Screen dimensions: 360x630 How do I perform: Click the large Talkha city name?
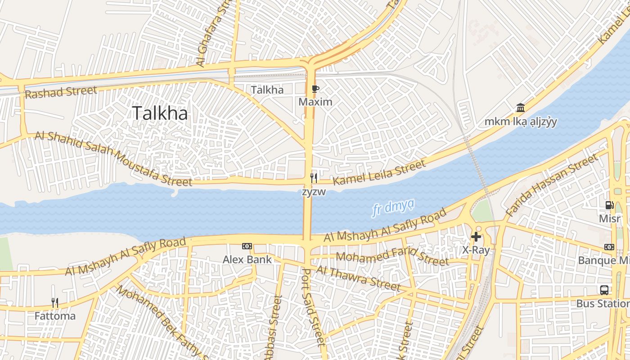160,113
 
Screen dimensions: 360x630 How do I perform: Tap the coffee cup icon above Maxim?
315,89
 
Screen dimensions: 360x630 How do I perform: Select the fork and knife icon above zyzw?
314,178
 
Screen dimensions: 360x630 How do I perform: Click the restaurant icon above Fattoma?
55,302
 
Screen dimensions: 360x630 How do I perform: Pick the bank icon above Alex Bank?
247,246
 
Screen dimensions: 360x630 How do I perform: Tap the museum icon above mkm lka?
521,108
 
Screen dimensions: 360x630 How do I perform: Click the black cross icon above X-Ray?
476,237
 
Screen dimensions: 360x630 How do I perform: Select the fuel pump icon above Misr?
609,205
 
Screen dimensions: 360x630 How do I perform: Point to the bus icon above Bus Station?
604,290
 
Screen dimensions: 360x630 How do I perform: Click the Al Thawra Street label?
358,278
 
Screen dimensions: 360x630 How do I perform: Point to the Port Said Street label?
313,307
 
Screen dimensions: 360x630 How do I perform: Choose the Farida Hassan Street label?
552,184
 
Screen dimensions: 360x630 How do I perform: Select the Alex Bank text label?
247,260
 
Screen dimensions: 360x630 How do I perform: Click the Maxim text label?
315,102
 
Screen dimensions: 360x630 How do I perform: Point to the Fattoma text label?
55,316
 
